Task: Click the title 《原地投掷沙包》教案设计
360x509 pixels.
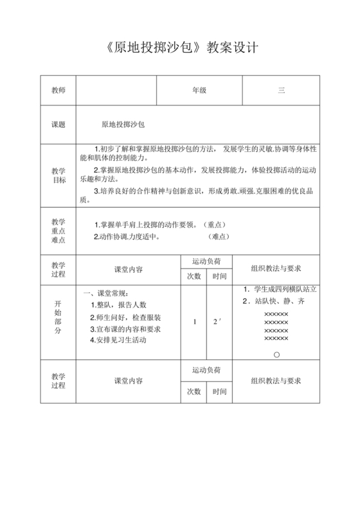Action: (x=180, y=49)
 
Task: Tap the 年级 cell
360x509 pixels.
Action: (x=199, y=91)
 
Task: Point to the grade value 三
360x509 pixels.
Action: (x=281, y=91)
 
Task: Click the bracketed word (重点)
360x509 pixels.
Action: (x=217, y=224)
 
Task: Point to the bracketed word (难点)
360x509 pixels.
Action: (x=219, y=236)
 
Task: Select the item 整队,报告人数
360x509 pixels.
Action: (x=118, y=305)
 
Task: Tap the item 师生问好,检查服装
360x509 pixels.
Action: (x=125, y=317)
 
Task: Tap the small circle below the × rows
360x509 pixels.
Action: (x=276, y=354)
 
